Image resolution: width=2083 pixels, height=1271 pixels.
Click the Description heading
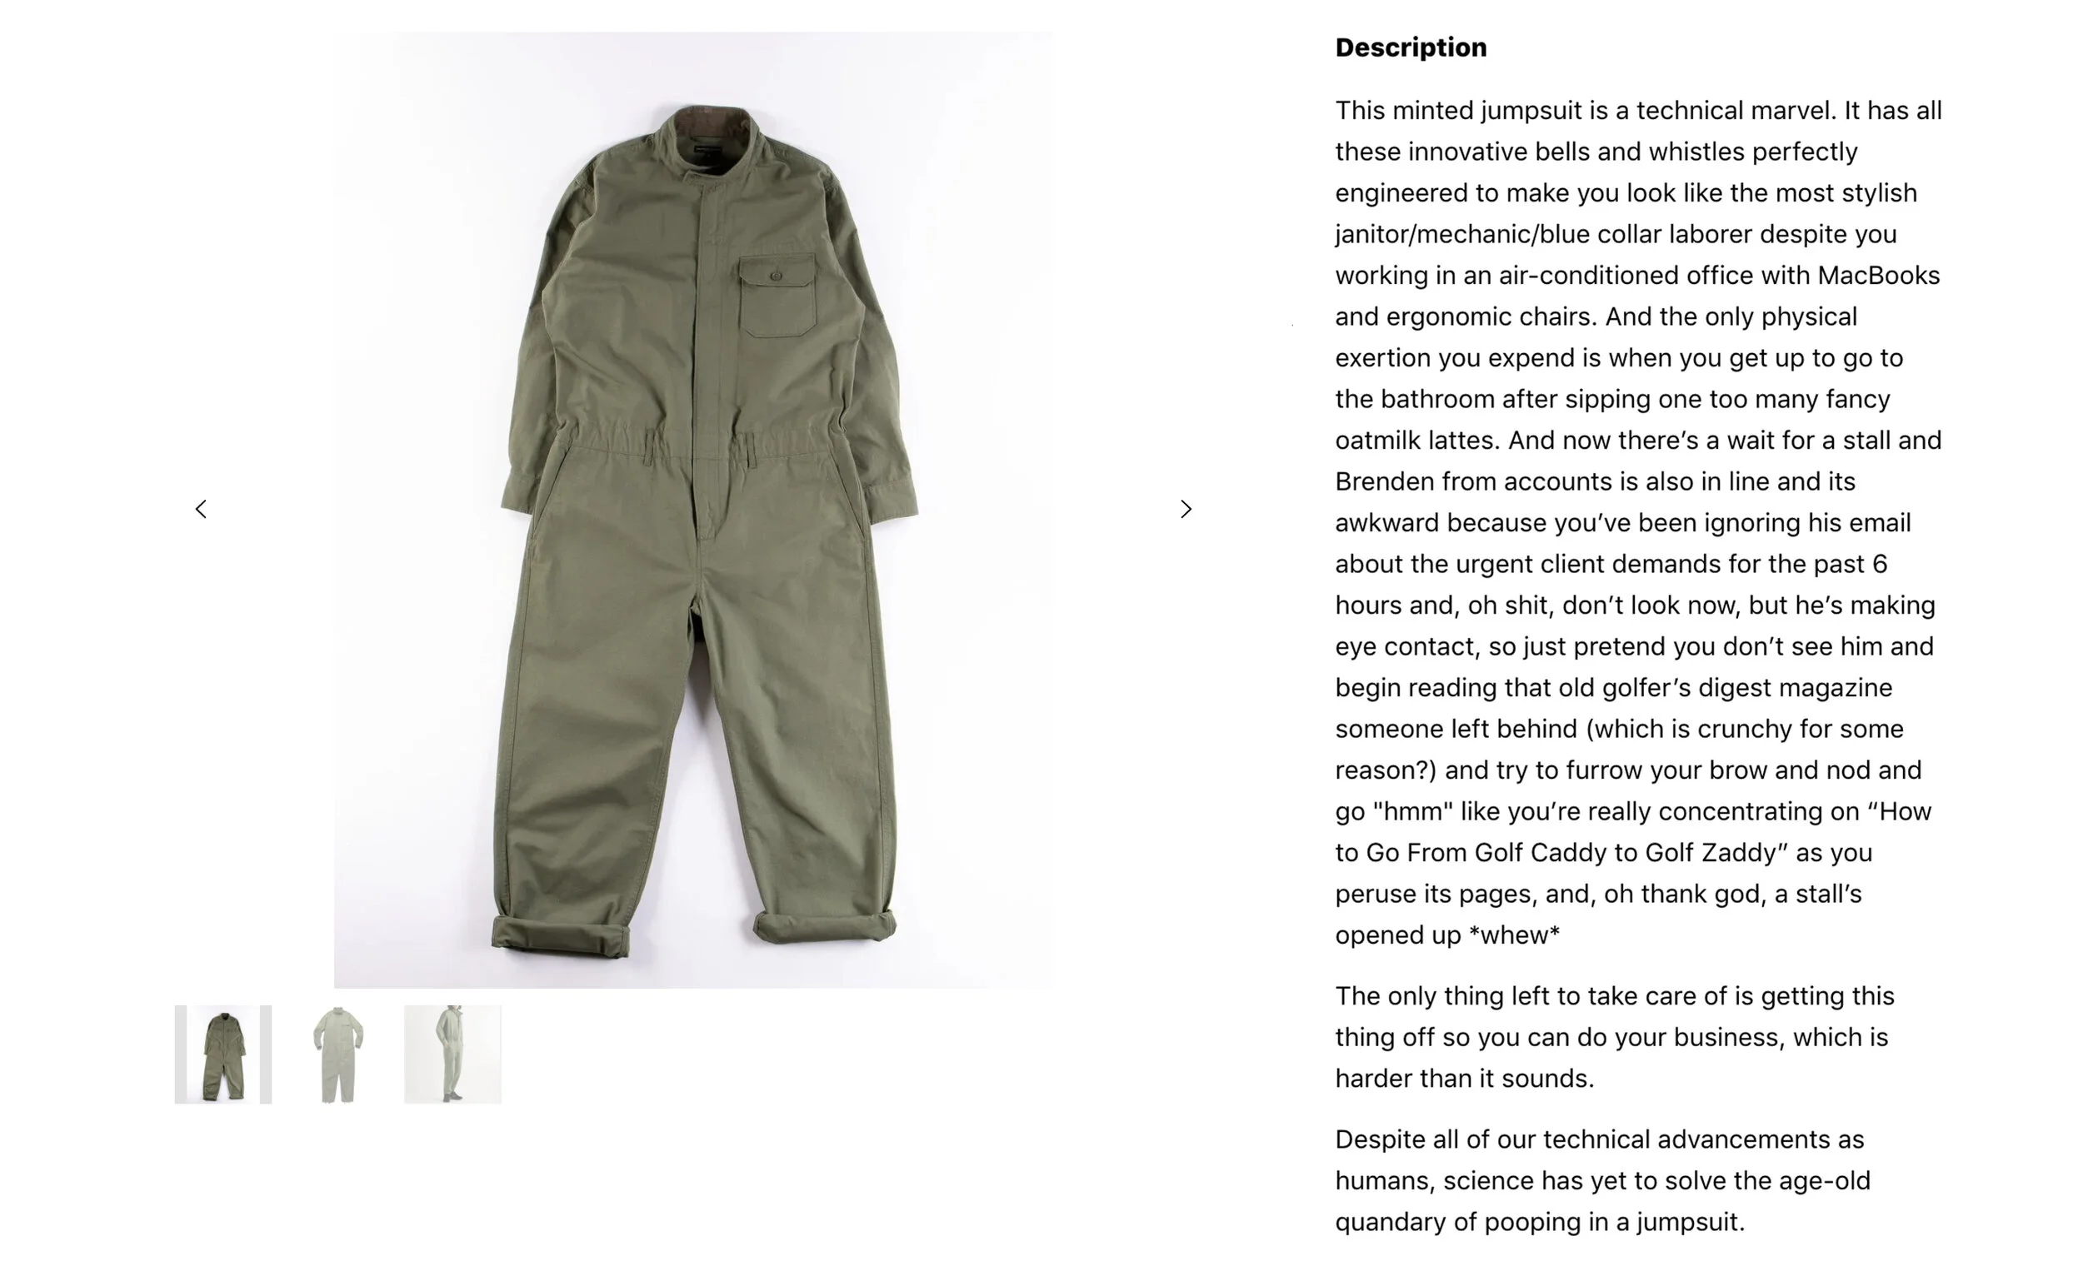point(1410,47)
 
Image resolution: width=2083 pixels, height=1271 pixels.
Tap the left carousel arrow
point(200,509)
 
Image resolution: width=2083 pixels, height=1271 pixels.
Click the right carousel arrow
point(1186,509)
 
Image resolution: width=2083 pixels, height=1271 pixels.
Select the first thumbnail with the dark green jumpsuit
point(223,1054)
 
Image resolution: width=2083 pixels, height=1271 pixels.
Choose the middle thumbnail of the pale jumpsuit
point(338,1054)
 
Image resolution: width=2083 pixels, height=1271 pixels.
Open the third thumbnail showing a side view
point(452,1054)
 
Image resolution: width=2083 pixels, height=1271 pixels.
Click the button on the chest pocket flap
point(776,276)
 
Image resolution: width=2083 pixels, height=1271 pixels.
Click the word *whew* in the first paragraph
point(1514,935)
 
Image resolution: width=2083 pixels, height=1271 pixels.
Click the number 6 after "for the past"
point(1879,564)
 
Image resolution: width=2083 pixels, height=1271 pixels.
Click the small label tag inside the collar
point(706,151)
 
